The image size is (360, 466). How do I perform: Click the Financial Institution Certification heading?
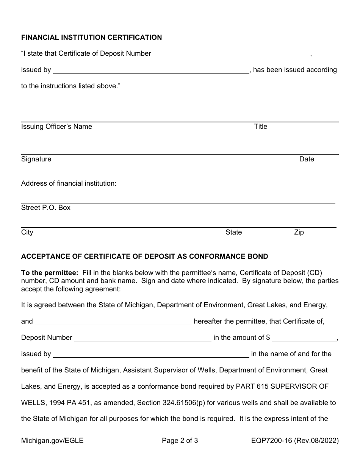coord(91,38)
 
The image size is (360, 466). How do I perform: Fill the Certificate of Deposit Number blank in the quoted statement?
coord(231,54)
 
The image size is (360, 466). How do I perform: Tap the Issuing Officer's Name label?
coord(56,127)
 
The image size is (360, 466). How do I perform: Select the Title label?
coord(260,127)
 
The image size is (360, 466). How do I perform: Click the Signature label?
coord(36,159)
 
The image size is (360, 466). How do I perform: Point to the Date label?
coord(306,159)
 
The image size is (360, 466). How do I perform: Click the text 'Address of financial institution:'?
coord(69,183)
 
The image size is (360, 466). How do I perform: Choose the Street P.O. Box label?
coord(46,208)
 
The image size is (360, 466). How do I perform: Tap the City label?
coord(27,232)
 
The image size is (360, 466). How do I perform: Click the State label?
coord(233,232)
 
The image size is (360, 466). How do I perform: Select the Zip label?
coord(299,232)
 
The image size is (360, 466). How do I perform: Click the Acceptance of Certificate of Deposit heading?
coord(144,256)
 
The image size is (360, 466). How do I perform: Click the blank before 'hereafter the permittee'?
coord(113,322)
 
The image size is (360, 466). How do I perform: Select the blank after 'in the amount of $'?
coord(304,338)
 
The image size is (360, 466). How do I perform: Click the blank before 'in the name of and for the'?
coord(151,354)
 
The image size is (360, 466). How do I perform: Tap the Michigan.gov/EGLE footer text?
coord(52,441)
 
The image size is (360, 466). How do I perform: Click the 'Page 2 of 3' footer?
coord(180,441)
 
